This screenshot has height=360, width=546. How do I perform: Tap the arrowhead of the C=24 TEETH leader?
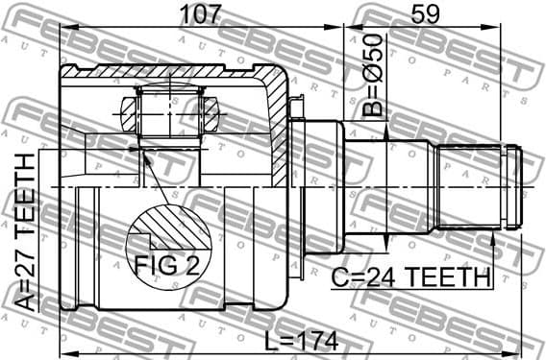coord(494,238)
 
